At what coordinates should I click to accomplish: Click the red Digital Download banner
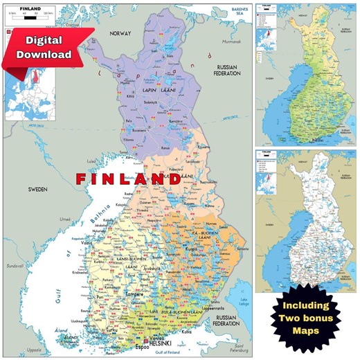[x=43, y=47]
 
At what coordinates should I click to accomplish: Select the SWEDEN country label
[x=38, y=188]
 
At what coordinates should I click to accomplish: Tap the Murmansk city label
[x=231, y=42]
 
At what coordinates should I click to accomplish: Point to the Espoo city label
[x=143, y=345]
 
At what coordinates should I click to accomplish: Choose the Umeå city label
[x=66, y=219]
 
